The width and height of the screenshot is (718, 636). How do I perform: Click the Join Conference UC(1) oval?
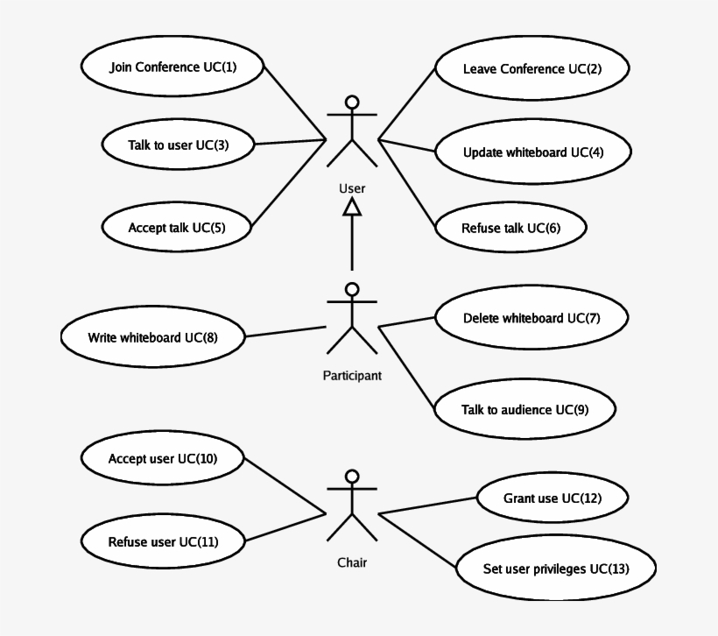[x=172, y=67]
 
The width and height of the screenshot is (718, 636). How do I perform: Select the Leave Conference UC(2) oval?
[x=531, y=68]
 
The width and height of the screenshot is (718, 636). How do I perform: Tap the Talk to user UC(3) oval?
[x=179, y=145]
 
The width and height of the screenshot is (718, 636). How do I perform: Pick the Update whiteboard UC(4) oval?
[x=532, y=152]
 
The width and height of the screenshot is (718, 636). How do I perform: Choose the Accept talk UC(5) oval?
[x=177, y=228]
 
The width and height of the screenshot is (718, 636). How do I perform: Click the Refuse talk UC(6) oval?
[x=510, y=228]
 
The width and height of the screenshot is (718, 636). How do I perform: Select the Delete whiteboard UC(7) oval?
[x=531, y=318]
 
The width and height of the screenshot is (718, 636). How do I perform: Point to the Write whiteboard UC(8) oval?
[x=152, y=337]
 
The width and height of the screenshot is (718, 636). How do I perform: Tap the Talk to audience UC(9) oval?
[x=525, y=409]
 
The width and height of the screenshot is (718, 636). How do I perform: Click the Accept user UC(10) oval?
[x=162, y=458]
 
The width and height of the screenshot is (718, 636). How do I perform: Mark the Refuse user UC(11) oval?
[x=163, y=541]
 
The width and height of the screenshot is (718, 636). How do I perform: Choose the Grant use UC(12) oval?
[x=553, y=498]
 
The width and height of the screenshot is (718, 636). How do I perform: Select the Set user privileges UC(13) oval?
[x=556, y=569]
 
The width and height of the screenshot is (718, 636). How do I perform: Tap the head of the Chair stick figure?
[x=352, y=477]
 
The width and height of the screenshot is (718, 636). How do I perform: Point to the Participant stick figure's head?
[x=352, y=289]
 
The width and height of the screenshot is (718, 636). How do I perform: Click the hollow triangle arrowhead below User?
[x=352, y=207]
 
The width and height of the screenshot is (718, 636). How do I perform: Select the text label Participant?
[x=352, y=376]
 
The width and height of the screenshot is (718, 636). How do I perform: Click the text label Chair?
[x=352, y=562]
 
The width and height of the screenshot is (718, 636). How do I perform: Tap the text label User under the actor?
[x=352, y=187]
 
